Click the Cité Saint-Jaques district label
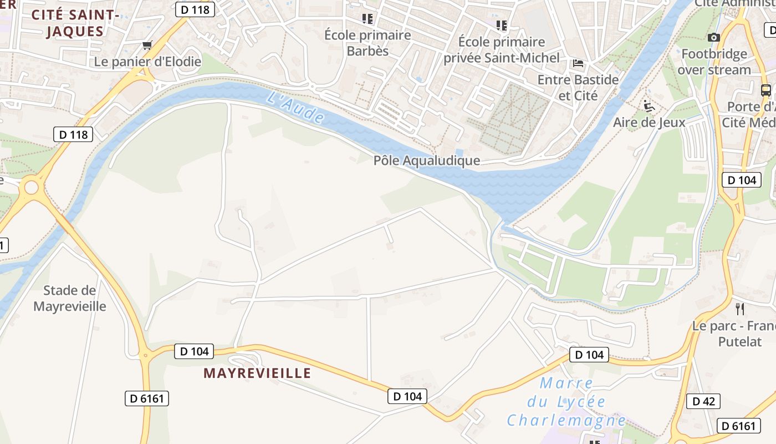tap(75, 23)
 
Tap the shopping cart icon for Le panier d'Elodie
tap(147, 45)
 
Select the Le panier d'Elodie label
tap(148, 62)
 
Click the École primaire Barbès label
tap(367, 43)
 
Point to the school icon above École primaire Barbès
tap(367, 19)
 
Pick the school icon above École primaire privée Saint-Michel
tap(502, 25)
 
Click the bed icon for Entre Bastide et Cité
tap(578, 63)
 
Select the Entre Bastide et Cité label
tap(578, 88)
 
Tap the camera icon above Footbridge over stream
tap(714, 37)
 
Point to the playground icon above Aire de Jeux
tap(649, 105)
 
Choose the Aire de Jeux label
tap(649, 122)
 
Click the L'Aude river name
tap(295, 107)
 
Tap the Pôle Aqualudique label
tap(427, 161)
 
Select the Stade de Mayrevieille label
tap(70, 298)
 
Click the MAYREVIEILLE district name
tap(257, 373)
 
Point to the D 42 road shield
tap(703, 401)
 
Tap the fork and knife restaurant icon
tap(739, 309)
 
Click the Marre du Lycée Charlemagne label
tap(566, 402)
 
